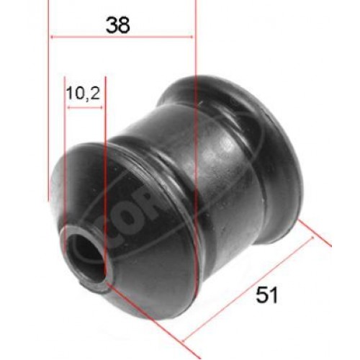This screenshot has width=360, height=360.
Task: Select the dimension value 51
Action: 266,294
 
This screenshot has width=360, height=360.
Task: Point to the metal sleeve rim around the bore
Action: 72,245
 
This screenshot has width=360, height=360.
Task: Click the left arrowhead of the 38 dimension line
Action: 52,36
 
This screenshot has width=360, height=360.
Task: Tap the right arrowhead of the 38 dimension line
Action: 191,36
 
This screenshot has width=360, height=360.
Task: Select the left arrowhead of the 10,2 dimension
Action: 68,105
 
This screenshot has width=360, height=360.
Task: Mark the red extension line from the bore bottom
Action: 144,310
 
